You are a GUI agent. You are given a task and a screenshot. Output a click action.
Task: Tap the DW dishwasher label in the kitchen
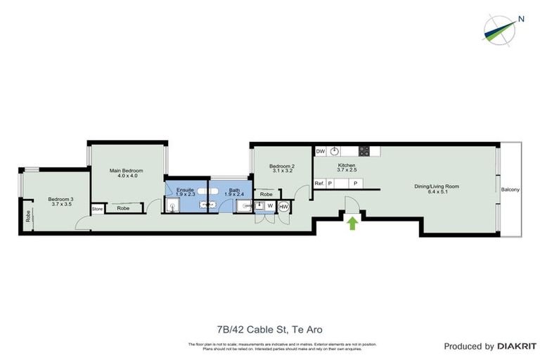click(321, 150)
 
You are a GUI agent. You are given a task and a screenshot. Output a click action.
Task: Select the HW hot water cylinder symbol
click(284, 207)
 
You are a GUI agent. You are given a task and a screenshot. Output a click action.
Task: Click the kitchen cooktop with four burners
click(365, 150)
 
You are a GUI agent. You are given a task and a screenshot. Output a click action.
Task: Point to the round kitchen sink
click(336, 150)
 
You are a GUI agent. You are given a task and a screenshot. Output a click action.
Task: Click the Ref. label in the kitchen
click(319, 184)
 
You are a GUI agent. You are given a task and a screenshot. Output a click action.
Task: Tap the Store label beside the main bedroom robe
click(97, 209)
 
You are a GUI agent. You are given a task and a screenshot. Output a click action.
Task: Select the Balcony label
click(510, 191)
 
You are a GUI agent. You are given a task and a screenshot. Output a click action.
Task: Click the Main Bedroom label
click(127, 171)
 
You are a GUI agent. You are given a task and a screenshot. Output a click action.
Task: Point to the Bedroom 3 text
click(61, 199)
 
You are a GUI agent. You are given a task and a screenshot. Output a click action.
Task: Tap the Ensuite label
click(186, 189)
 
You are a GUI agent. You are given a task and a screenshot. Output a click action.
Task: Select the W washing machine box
click(270, 206)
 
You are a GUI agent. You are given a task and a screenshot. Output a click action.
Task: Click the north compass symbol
click(503, 27)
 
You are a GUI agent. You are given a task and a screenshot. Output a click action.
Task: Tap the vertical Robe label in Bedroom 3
click(28, 217)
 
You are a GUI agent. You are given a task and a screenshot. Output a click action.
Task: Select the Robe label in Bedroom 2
click(266, 195)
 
